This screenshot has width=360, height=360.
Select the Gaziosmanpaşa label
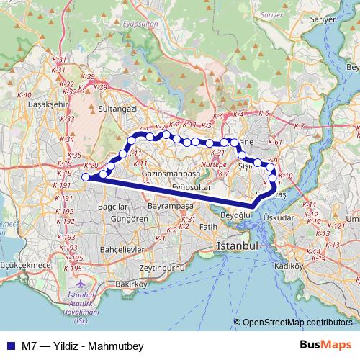coord(171,175)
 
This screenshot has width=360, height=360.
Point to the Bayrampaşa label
coord(171,206)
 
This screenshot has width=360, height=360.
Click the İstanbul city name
coord(237,246)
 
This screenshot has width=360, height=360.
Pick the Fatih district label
coord(208,227)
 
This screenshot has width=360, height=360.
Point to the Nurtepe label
coord(213,165)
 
